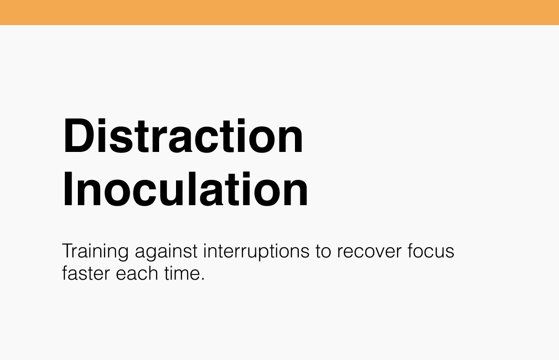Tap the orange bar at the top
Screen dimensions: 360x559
pos(279,13)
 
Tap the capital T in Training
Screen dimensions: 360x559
pos(67,252)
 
